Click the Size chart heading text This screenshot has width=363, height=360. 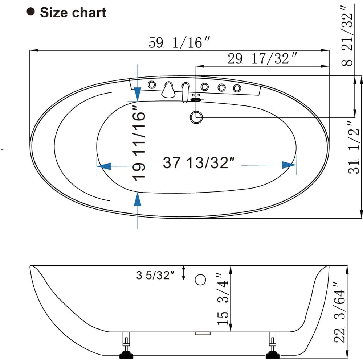click(73, 13)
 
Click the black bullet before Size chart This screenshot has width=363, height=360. click(31, 12)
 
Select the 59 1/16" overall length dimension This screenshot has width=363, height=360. click(179, 43)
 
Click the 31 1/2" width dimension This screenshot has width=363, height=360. click(355, 147)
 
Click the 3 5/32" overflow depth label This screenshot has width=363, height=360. click(155, 276)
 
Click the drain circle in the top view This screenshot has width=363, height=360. click(196, 117)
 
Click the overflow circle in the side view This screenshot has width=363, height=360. click(201, 280)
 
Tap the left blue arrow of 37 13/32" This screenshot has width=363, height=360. click(104, 166)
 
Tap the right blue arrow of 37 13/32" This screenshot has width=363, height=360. click(289, 165)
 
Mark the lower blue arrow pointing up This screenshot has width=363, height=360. click(138, 200)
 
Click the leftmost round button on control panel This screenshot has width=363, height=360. click(152, 85)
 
